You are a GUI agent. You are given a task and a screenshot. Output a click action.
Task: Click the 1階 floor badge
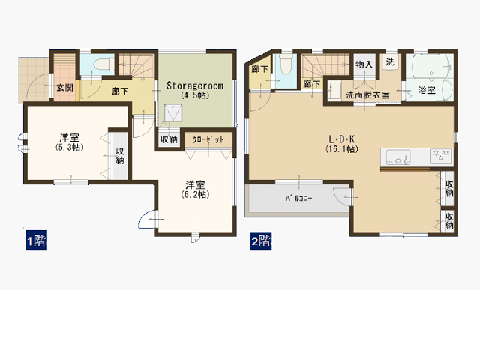pyautogui.click(x=36, y=240)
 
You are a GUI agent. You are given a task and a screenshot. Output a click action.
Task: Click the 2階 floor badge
pyautogui.click(x=261, y=240)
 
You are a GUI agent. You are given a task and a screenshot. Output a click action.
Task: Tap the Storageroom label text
pyautogui.click(x=195, y=85)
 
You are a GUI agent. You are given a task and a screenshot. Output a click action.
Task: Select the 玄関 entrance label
pyautogui.click(x=65, y=88)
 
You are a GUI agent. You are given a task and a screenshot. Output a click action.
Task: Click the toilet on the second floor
pyautogui.click(x=286, y=64)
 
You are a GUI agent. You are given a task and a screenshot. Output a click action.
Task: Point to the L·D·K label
pyautogui.click(x=342, y=139)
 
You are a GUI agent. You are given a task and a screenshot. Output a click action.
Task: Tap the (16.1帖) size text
pyautogui.click(x=342, y=149)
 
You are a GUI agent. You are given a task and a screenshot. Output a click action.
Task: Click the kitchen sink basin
pyautogui.click(x=398, y=157)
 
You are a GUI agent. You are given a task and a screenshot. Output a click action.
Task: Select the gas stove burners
pyautogui.click(x=441, y=155)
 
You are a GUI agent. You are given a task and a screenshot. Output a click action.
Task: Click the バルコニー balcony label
pyautogui.click(x=298, y=199)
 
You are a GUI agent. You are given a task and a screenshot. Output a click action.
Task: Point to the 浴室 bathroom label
pyautogui.click(x=427, y=90)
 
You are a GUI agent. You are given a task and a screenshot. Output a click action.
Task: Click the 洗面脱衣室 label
pyautogui.click(x=367, y=95)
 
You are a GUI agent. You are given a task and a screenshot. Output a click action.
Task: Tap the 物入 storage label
pyautogui.click(x=364, y=64)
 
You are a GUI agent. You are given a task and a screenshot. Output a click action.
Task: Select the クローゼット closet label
pyautogui.click(x=208, y=140)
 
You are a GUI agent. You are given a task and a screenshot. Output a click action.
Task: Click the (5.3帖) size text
pyautogui.click(x=70, y=147)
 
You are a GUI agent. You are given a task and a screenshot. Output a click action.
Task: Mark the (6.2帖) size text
pyautogui.click(x=195, y=195)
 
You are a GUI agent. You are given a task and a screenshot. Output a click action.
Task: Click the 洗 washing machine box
pyautogui.click(x=390, y=62)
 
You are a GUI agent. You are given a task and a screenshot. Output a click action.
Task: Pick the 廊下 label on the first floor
pyautogui.click(x=120, y=91)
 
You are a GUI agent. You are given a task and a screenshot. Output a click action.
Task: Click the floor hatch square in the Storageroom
pyautogui.click(x=173, y=113)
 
